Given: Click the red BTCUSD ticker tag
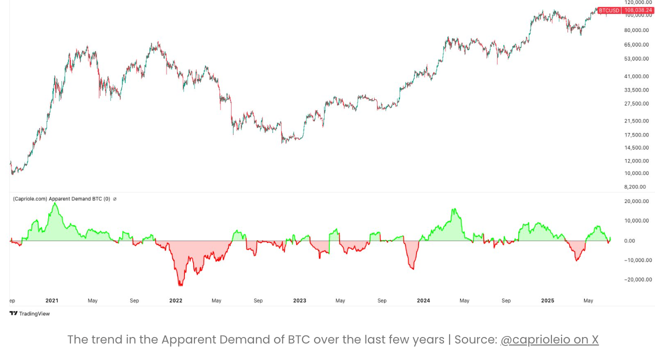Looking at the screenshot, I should (x=609, y=10).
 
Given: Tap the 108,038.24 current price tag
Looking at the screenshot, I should (x=638, y=10).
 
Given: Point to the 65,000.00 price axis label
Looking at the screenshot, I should (x=636, y=44).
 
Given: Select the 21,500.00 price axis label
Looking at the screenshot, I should (x=636, y=121).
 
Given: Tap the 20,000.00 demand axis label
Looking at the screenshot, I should (x=636, y=201).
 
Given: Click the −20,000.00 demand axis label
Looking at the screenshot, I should (x=635, y=279).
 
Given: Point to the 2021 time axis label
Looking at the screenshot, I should (x=51, y=300).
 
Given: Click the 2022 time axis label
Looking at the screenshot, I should (x=175, y=300).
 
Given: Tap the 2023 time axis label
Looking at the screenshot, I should (x=299, y=300).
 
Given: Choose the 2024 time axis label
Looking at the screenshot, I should (x=423, y=300).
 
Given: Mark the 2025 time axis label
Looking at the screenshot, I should (x=547, y=300).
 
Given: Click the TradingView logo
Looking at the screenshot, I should (x=29, y=313).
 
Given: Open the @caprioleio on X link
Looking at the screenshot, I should (x=549, y=339).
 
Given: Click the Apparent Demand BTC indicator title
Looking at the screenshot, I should (x=61, y=198).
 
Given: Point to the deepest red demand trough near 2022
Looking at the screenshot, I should (x=180, y=285).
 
